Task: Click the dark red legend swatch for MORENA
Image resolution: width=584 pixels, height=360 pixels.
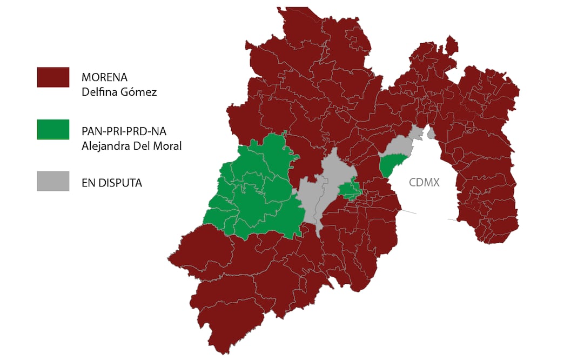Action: click(53, 77)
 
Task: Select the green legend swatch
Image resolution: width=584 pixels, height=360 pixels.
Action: click(53, 130)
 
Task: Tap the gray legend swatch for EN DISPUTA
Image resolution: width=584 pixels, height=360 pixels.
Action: click(53, 181)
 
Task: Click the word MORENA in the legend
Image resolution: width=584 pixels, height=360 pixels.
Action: click(105, 78)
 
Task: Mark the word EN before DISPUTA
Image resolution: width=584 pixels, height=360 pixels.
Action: click(88, 183)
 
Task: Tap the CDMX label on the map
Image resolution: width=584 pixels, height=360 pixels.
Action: click(424, 183)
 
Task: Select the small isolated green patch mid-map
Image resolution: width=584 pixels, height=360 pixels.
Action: click(350, 190)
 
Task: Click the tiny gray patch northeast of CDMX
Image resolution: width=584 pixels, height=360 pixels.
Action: click(431, 133)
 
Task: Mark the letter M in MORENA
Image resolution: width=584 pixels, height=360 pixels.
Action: click(85, 78)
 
